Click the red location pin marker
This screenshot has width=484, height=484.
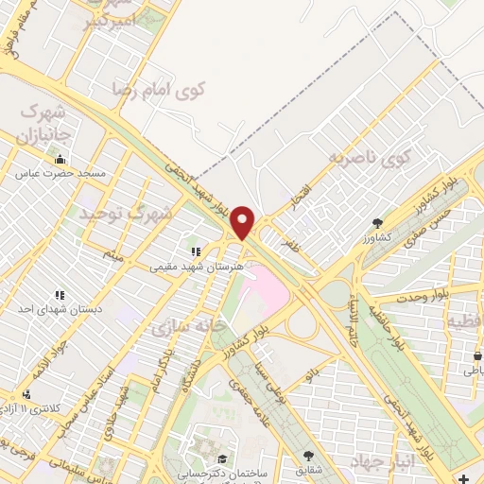[x=244, y=221]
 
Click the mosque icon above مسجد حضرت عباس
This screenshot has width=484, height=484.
[x=60, y=160]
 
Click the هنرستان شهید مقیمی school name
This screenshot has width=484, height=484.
[x=197, y=267]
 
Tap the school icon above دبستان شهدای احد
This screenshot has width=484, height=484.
[x=60, y=295]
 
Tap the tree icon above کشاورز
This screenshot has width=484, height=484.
[x=379, y=223]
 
